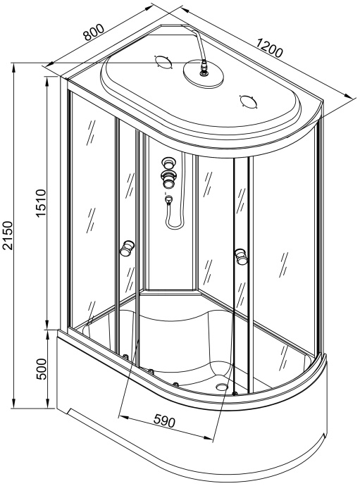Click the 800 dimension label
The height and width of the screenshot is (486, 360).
tap(94, 32)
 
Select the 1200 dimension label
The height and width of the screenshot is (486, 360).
tap(269, 48)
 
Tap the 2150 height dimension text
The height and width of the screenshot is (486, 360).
tap(8, 235)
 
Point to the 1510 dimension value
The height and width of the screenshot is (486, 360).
tap(41, 204)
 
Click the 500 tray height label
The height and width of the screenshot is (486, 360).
tap(41, 369)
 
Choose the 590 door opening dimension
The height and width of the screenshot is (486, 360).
tap(164, 420)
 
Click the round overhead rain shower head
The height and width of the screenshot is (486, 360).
tap(204, 73)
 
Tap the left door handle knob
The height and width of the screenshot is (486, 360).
tap(128, 247)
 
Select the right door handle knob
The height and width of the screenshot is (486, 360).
tap(241, 256)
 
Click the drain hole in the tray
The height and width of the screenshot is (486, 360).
tap(223, 386)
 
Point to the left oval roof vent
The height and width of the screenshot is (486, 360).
tap(163, 63)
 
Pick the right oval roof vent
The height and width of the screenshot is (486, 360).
tap(249, 101)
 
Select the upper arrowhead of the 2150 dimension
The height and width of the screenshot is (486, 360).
tap(13, 67)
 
